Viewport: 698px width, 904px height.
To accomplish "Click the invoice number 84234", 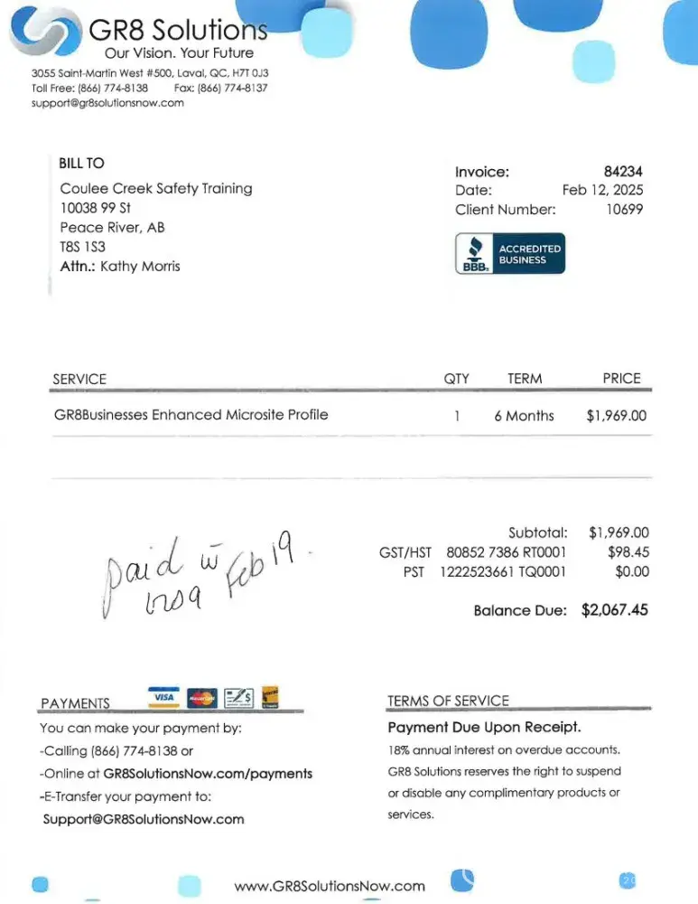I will point(623,171).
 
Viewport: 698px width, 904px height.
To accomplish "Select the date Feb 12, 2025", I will point(602,190).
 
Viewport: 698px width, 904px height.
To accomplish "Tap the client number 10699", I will point(624,210).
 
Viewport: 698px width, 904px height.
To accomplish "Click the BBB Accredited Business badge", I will point(509,254).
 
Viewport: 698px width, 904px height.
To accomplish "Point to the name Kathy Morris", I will point(140,266).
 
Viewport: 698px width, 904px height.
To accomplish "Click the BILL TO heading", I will point(81,163).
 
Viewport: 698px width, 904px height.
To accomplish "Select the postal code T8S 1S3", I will point(82,247).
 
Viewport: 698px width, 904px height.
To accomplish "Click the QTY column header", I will point(457,379).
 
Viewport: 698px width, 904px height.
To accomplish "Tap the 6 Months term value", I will point(524,416).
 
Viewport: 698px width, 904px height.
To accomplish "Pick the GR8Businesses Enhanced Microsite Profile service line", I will point(191,415).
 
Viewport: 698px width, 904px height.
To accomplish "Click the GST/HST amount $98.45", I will point(628,551).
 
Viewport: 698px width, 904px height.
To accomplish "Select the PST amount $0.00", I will point(632,571).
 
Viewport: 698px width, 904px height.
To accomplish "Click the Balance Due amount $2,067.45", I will point(615,610).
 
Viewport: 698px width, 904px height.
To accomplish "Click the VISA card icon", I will point(163,697).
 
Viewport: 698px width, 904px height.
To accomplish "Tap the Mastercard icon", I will point(202,697).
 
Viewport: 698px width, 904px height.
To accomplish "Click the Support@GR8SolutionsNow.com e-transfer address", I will point(144,819).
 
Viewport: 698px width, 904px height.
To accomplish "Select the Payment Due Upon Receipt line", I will point(484,727).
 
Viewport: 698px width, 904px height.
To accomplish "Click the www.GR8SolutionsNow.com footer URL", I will point(330,886).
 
